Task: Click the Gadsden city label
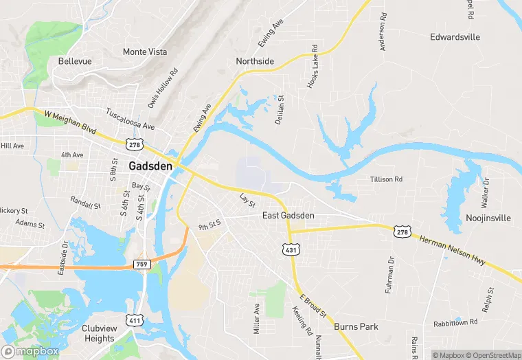coord(150,166)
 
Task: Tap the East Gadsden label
coord(288,216)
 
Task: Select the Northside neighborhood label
coord(255,61)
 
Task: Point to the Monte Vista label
coord(144,52)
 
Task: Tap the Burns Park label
coord(356,327)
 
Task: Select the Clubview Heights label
coord(99,333)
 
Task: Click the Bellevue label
coord(75,61)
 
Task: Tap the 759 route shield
coord(141,263)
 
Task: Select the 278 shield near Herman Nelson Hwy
coord(402,232)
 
